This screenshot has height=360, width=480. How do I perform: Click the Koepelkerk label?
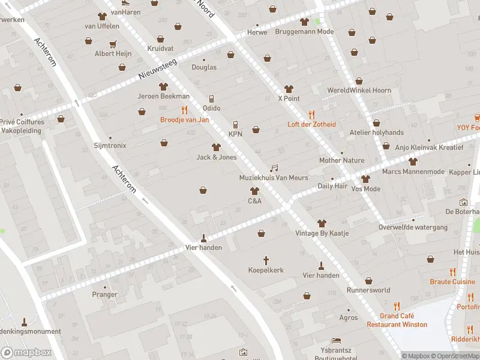coord(266,271)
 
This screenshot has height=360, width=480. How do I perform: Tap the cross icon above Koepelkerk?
coord(266,260)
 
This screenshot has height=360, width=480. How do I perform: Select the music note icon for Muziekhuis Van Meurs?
coord(274,169)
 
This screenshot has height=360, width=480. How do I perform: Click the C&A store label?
coord(254,201)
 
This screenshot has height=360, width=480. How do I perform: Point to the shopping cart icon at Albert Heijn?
coord(112,44)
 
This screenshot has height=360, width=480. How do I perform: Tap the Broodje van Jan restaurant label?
coord(185,119)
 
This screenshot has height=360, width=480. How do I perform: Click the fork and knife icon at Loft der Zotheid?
coord(311,115)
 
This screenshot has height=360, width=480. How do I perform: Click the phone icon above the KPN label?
coord(235,125)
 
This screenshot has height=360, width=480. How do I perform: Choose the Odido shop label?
coord(211,108)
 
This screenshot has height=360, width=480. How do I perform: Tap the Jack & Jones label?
coord(217,157)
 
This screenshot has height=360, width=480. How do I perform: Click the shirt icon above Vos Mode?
coord(366,179)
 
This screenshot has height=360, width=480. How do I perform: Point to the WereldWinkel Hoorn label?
coord(359,91)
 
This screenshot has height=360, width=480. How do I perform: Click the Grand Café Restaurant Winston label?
coord(397,320)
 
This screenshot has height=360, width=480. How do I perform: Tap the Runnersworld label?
coord(368,290)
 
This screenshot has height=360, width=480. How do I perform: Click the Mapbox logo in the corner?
coord(26,352)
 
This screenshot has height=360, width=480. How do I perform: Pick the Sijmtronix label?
coord(110,145)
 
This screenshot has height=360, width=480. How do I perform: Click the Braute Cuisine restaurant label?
coord(452,281)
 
